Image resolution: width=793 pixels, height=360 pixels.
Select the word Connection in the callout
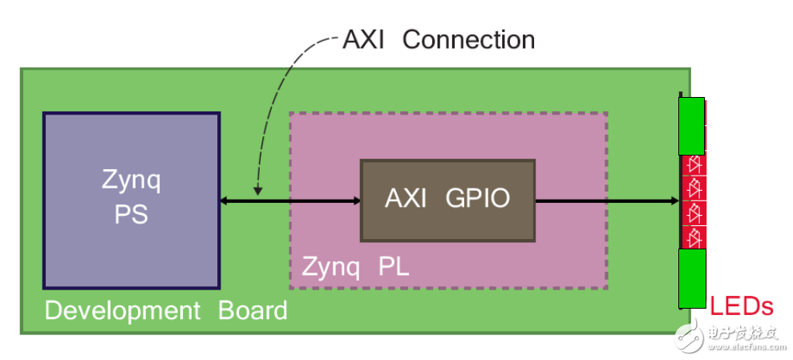click(468, 39)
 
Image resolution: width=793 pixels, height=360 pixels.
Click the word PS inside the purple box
click(131, 215)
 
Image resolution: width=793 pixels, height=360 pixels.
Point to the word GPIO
click(478, 199)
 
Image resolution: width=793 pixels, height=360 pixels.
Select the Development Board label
click(166, 310)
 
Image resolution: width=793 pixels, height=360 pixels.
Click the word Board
click(253, 310)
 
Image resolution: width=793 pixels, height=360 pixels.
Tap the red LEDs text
click(742, 305)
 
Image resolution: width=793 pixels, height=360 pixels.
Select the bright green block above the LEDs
click(693, 127)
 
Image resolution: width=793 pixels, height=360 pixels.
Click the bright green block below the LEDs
click(693, 278)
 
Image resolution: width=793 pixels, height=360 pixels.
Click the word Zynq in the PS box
click(131, 181)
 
